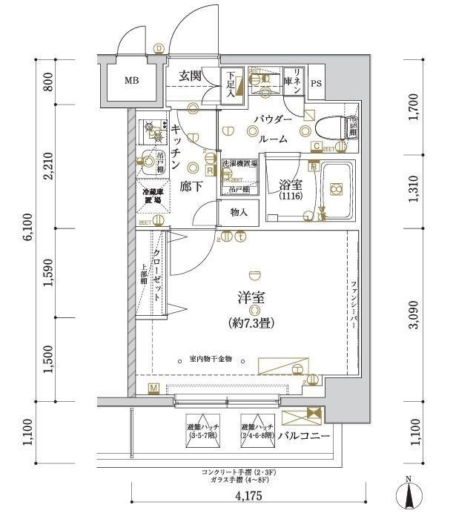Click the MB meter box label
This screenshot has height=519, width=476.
[x=130, y=82]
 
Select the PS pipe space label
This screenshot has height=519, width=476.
[x=317, y=83]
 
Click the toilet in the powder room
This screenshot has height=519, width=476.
[x=334, y=127]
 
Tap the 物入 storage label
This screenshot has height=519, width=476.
[x=239, y=213]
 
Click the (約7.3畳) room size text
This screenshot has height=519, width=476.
[x=255, y=323]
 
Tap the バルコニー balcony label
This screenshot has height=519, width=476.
[x=305, y=435]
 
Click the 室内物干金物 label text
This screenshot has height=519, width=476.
[x=211, y=359]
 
